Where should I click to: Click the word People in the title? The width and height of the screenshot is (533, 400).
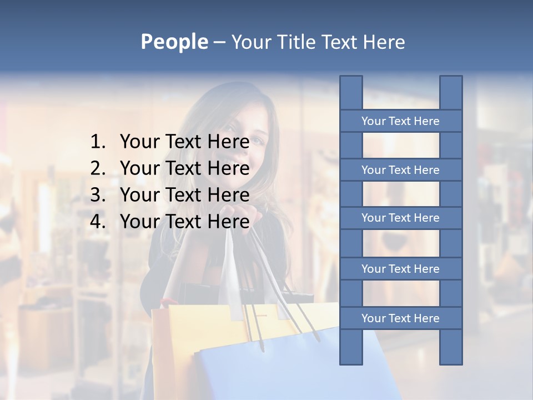[174, 42]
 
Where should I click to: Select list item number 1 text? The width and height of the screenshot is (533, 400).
[184, 142]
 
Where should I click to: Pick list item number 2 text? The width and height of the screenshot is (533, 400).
[184, 168]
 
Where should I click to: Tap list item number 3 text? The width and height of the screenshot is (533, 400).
[184, 195]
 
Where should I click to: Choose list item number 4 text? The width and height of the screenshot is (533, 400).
[184, 222]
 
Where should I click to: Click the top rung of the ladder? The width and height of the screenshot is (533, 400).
[400, 121]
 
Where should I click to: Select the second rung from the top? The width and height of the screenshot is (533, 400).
[400, 170]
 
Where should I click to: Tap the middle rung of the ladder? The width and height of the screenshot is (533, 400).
[400, 218]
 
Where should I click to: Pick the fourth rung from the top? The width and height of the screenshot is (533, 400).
[400, 269]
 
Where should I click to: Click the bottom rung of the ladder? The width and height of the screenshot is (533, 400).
[400, 318]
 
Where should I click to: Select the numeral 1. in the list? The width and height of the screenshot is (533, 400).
[98, 142]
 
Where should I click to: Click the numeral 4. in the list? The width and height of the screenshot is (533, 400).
[98, 222]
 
